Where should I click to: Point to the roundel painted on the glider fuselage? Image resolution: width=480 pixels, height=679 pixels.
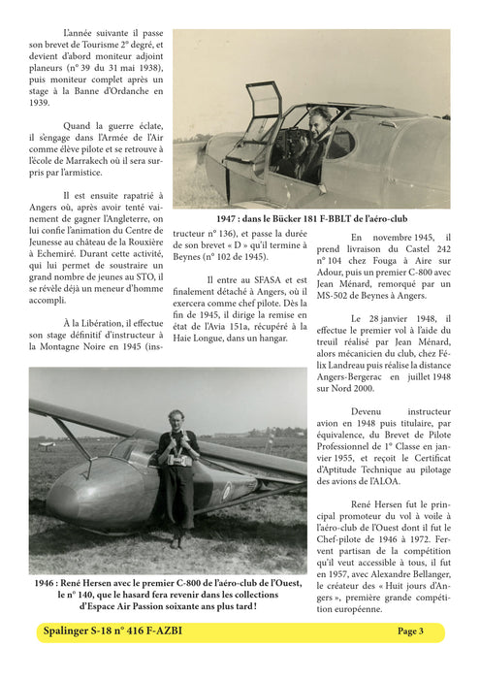(226, 492)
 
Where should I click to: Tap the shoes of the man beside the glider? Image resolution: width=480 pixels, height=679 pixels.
(176, 541)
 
